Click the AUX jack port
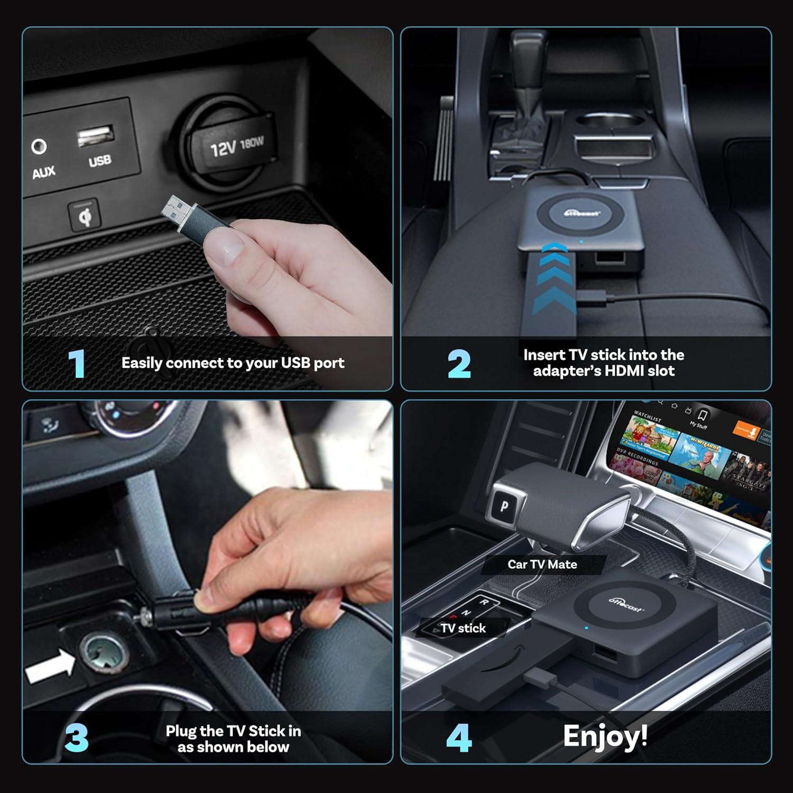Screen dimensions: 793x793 [x=39, y=146]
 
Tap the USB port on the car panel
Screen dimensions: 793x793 [x=96, y=137]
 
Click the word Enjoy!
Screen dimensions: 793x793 [x=605, y=736]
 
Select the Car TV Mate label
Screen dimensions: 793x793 [x=542, y=564]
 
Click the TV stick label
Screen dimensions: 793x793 [x=463, y=628]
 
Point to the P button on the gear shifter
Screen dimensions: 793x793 [x=504, y=506]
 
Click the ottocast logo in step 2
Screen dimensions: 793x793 [x=581, y=213]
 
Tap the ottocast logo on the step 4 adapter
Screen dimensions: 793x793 [x=626, y=604]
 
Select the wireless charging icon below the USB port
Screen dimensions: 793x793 [x=84, y=216]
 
